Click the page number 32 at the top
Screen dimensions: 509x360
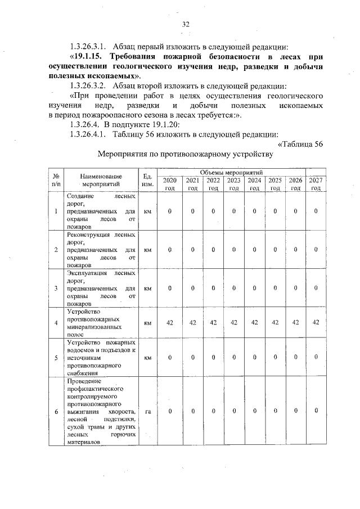[186, 24]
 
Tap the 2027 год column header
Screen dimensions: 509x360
[316, 183]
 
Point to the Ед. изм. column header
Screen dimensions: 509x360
[148, 179]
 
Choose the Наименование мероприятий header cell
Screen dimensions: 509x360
[101, 179]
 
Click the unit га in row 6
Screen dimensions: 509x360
[148, 412]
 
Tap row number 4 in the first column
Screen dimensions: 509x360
[56, 323]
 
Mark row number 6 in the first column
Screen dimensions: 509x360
[56, 412]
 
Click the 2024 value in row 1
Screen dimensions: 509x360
[254, 211]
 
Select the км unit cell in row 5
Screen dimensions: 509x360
[148, 357]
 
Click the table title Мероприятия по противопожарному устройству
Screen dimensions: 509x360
[185, 154]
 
